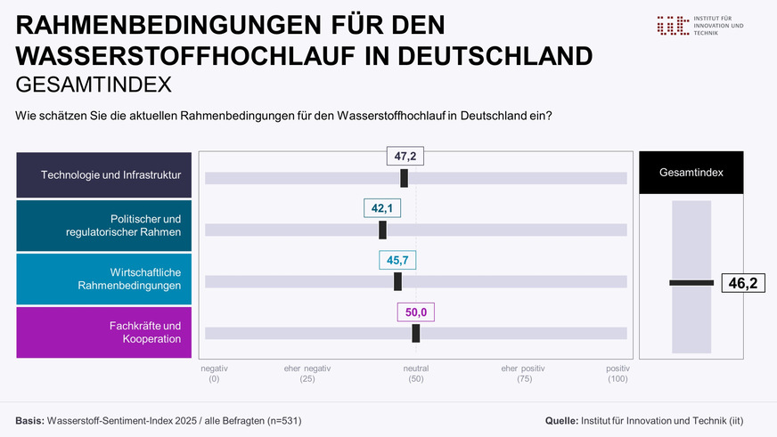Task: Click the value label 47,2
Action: coord(405,157)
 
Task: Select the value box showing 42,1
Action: coord(382,208)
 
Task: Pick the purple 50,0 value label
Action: coord(415,312)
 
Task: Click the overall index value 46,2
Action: coord(742,283)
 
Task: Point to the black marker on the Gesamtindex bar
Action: coord(691,283)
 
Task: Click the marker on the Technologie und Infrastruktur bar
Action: coord(405,178)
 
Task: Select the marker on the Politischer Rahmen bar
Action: coord(383,230)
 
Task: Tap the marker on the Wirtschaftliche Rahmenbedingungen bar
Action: coord(397,281)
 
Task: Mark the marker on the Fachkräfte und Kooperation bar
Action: coord(416,333)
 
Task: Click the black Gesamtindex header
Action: coord(691,173)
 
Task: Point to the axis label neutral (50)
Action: coord(416,374)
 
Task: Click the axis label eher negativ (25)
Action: coord(307,374)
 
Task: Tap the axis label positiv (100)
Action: coord(618,374)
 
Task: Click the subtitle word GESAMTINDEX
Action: coord(94,85)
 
